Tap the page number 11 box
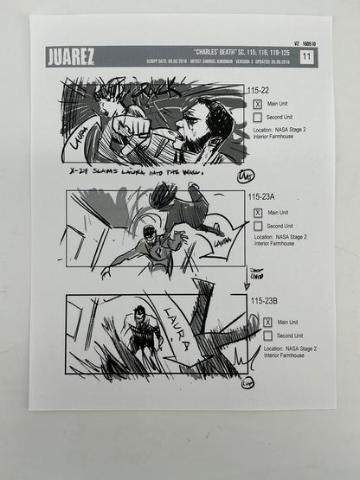[306, 57]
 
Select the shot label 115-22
[260, 90]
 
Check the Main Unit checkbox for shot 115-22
[257, 104]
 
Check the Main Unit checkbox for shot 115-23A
[257, 212]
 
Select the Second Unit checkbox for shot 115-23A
[257, 226]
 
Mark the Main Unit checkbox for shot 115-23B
[267, 322]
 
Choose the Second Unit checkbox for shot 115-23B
[267, 336]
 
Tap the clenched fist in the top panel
[130, 127]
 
